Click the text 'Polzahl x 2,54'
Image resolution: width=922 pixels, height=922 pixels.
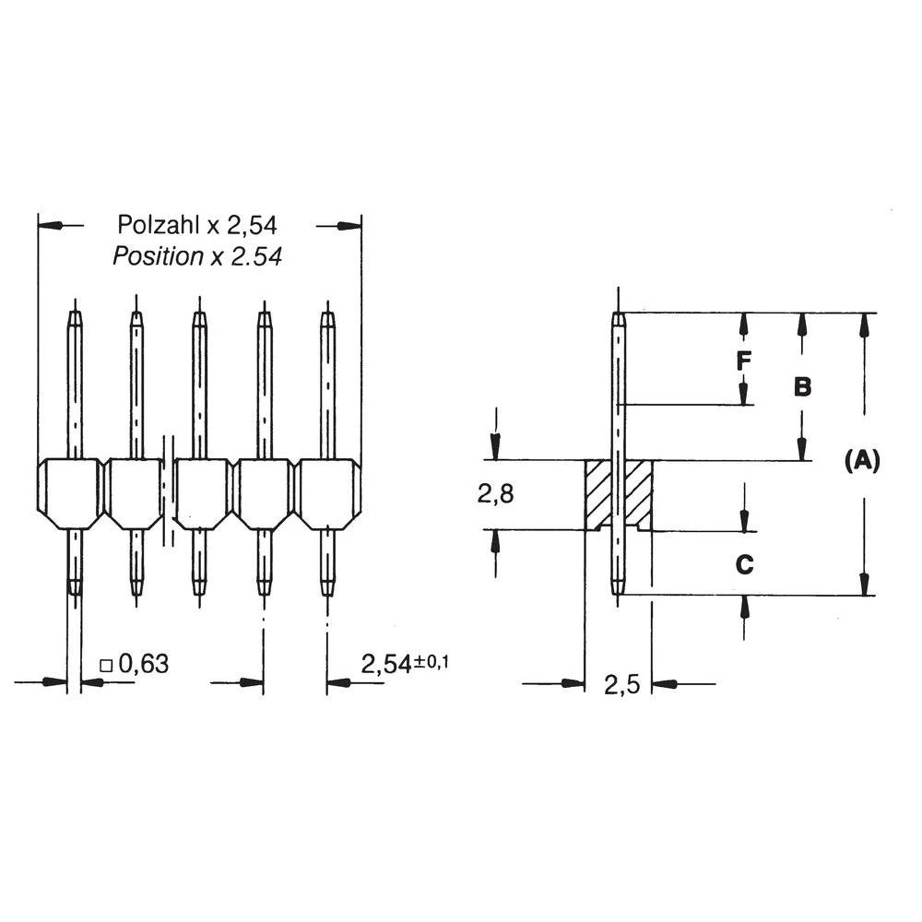[197, 224]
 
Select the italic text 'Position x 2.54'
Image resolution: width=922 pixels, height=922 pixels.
[197, 256]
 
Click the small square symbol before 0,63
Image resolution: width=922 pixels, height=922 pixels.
[106, 665]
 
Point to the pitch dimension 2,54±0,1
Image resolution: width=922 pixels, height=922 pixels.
[403, 664]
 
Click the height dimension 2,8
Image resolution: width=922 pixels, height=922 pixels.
[495, 494]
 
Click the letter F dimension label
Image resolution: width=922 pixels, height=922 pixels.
[743, 361]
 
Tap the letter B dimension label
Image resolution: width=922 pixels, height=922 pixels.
[802, 386]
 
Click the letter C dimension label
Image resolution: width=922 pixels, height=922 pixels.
[744, 564]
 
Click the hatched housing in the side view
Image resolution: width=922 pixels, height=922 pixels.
[597, 494]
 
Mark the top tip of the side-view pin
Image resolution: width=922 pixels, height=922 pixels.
[619, 316]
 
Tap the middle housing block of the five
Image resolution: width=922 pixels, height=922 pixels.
[200, 493]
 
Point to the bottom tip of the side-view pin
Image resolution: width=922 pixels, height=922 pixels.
[619, 591]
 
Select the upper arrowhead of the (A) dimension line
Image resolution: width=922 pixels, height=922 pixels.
[864, 325]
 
